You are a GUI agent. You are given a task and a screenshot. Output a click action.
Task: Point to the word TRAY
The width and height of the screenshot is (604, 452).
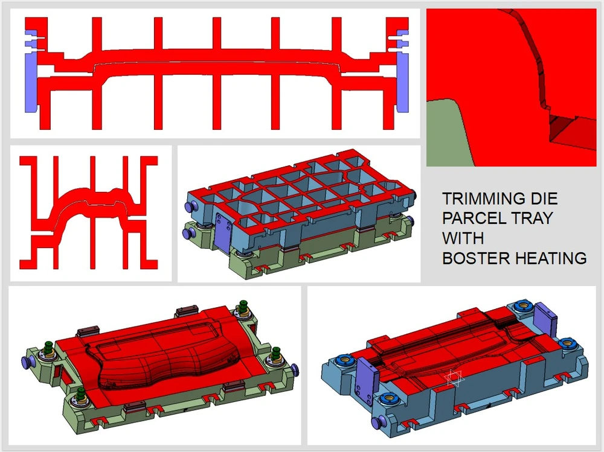pyautogui.click(x=531, y=218)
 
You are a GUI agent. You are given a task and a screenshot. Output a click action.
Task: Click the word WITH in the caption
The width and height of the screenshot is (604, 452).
pyautogui.click(x=463, y=238)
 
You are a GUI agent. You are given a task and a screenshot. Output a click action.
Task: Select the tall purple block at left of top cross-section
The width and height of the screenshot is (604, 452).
pyautogui.click(x=30, y=83)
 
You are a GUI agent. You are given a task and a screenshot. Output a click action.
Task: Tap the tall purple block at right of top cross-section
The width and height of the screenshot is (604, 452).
pyautogui.click(x=402, y=83)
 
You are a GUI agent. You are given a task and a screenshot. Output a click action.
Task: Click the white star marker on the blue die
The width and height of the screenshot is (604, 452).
pyautogui.click(x=455, y=378)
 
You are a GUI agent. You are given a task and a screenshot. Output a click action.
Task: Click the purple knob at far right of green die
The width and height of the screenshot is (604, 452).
pyautogui.click(x=295, y=369)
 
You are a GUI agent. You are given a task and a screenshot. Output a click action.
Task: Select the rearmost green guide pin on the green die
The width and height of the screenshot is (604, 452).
pyautogui.click(x=243, y=307)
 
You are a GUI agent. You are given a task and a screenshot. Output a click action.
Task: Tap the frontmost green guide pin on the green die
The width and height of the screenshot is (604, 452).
pyautogui.click(x=81, y=394)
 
